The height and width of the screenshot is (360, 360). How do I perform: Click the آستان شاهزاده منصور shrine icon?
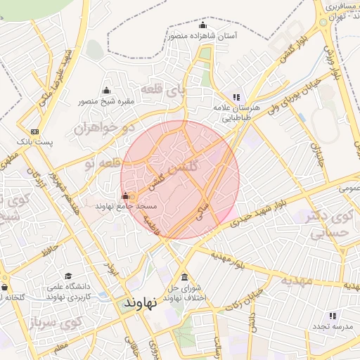203,26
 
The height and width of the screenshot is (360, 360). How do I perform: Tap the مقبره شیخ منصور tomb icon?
106,90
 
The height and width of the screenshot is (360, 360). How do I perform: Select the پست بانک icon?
35,131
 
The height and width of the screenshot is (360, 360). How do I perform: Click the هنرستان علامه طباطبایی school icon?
236,98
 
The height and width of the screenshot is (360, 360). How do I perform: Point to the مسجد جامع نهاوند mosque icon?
126,195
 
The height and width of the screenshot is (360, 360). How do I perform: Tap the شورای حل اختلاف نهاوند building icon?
185,277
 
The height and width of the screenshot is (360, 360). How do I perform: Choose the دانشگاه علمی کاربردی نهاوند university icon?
68,276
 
